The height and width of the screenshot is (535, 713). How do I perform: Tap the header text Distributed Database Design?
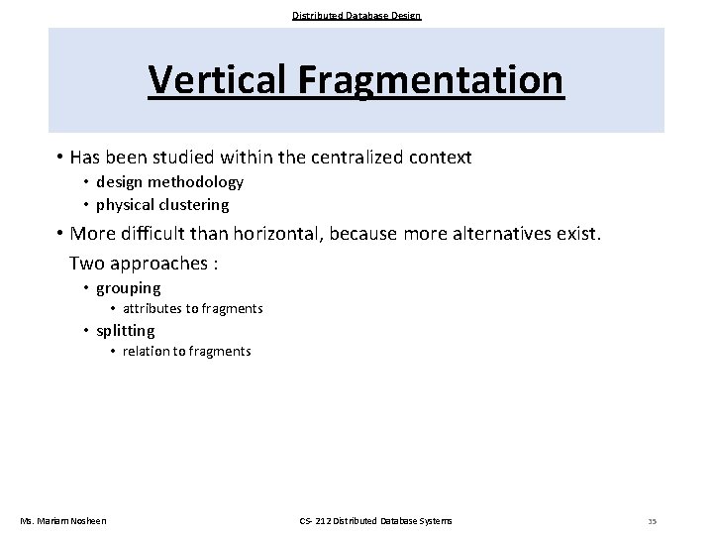(x=356, y=15)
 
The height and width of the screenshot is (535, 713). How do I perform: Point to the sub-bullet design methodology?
(x=169, y=182)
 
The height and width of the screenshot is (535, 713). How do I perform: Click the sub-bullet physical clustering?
(x=162, y=205)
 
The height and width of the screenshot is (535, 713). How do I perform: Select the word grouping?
(x=128, y=288)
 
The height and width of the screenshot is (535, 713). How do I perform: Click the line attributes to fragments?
(x=193, y=309)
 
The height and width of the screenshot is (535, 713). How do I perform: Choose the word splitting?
(x=126, y=331)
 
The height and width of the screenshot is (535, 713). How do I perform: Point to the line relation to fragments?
(x=187, y=352)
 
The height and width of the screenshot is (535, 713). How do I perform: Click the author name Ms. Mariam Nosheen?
(x=64, y=520)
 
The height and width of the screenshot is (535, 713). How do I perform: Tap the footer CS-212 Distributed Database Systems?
(x=375, y=520)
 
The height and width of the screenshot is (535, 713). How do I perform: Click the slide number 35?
(x=652, y=521)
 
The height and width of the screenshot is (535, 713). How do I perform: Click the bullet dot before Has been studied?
(x=59, y=158)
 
